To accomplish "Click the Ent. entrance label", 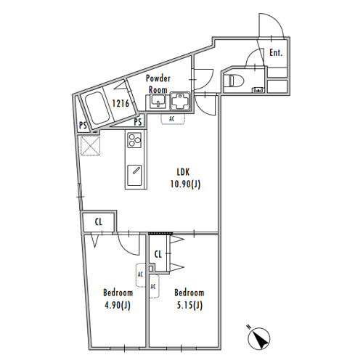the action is pos(276,52).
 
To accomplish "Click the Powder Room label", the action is pos(158,84).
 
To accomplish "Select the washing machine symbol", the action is pos(180,101).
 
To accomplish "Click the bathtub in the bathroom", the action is pos(97,108).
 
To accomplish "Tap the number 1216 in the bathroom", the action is pos(121,103).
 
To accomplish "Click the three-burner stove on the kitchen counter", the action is pos(134,140).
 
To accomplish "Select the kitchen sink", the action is pos(134,176).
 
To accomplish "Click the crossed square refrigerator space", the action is pos(91,146).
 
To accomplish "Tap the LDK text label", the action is pos(183,172).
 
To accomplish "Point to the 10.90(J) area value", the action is pos(185,184).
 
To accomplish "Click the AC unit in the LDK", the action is pos(173,119).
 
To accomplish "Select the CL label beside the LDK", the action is pos(99,222).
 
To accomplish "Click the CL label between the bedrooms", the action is pos(158,254).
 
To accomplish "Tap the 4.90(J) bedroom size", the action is pos(118,305).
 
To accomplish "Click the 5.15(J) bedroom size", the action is pos(189,305).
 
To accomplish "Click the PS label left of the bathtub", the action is pos(83,125).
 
